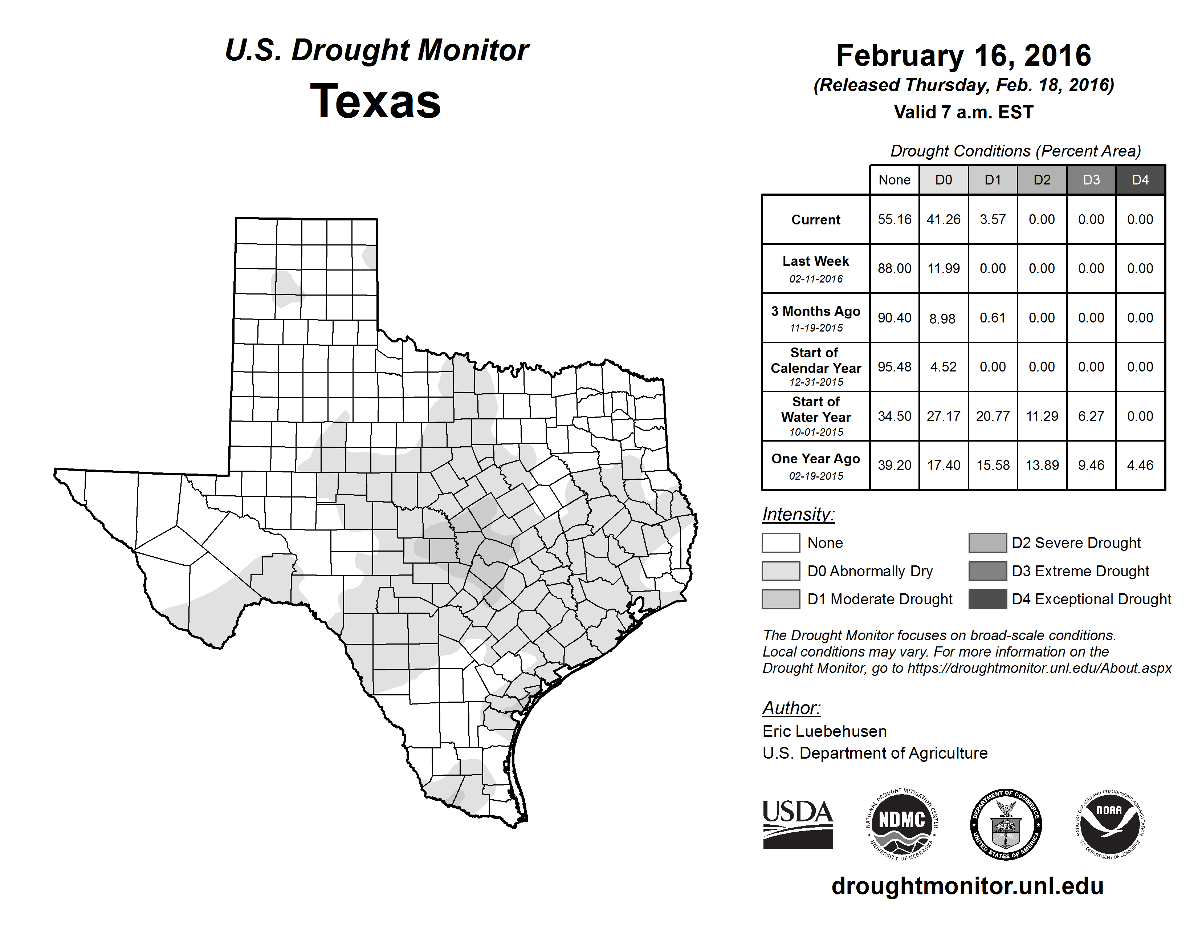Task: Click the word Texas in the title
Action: coord(375,101)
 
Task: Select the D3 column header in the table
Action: coord(1091,180)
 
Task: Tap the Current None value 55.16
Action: coord(894,219)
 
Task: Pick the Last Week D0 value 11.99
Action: coord(944,269)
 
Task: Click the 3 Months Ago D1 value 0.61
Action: coord(992,318)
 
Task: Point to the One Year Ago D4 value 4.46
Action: coord(1140,465)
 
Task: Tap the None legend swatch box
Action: coord(781,543)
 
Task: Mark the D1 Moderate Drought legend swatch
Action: coord(781,599)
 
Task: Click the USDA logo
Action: coord(798,824)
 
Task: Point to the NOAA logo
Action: coord(1109,824)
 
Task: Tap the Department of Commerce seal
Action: coord(1006,824)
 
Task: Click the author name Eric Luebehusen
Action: coord(824,731)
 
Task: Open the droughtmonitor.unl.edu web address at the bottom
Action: coord(967,886)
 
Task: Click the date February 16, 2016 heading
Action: coord(963,56)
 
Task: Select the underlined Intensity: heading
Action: coord(798,515)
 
